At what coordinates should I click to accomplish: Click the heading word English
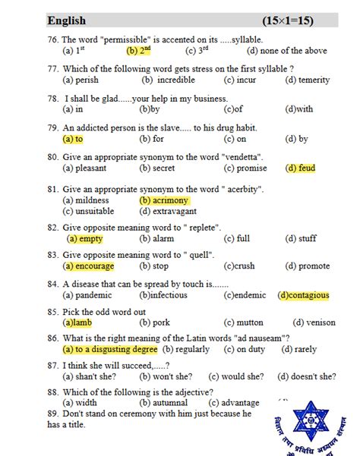[67, 20]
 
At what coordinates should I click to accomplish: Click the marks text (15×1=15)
[299, 20]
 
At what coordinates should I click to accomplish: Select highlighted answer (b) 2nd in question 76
[139, 51]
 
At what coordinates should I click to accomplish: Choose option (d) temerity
[308, 80]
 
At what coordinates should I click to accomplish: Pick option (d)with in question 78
[299, 109]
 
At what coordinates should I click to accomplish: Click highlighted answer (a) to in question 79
[73, 139]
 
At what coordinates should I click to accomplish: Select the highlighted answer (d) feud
[300, 168]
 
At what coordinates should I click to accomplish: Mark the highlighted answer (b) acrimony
[164, 200]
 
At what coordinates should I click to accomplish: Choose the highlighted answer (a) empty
[85, 238]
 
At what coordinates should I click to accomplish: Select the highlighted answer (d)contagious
[303, 295]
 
